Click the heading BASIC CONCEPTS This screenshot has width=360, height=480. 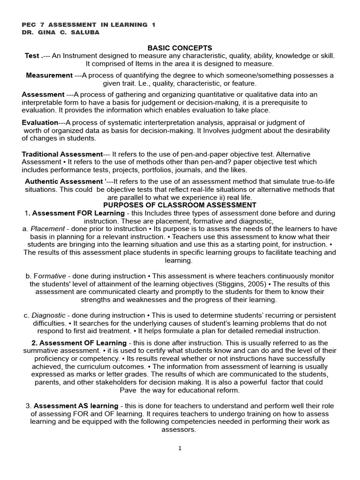(x=180, y=48)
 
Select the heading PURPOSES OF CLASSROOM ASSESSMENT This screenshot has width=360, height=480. (x=180, y=205)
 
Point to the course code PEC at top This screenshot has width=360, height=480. (x=30, y=24)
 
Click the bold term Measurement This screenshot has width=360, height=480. (x=49, y=75)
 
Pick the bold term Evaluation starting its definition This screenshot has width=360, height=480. (x=40, y=122)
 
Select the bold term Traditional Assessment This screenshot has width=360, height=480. (x=62, y=154)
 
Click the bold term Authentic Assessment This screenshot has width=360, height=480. (x=63, y=181)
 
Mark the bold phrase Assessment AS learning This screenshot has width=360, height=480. (x=76, y=405)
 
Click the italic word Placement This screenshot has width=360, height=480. (x=47, y=229)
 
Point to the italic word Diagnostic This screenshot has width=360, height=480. (x=49, y=315)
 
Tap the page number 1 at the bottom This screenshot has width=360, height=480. (x=180, y=448)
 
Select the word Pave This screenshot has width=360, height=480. (x=128, y=390)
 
